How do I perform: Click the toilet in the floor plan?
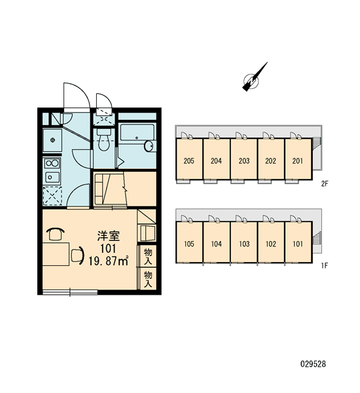pos(103,140)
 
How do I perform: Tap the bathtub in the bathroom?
pos(137,132)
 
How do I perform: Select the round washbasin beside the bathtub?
pos(149,146)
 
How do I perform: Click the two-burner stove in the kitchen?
pos(52,163)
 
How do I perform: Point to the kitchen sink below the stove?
pos(52,178)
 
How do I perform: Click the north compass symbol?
pos(254,78)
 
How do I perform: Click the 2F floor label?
pos(325,184)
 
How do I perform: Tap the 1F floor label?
pos(325,265)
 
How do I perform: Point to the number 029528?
pos(313,364)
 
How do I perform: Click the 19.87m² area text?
pos(109,261)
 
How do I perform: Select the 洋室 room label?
pos(109,236)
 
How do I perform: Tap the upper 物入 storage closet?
pos(148,256)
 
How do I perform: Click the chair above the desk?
pos(56,234)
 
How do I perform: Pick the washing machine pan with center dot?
pos(52,140)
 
